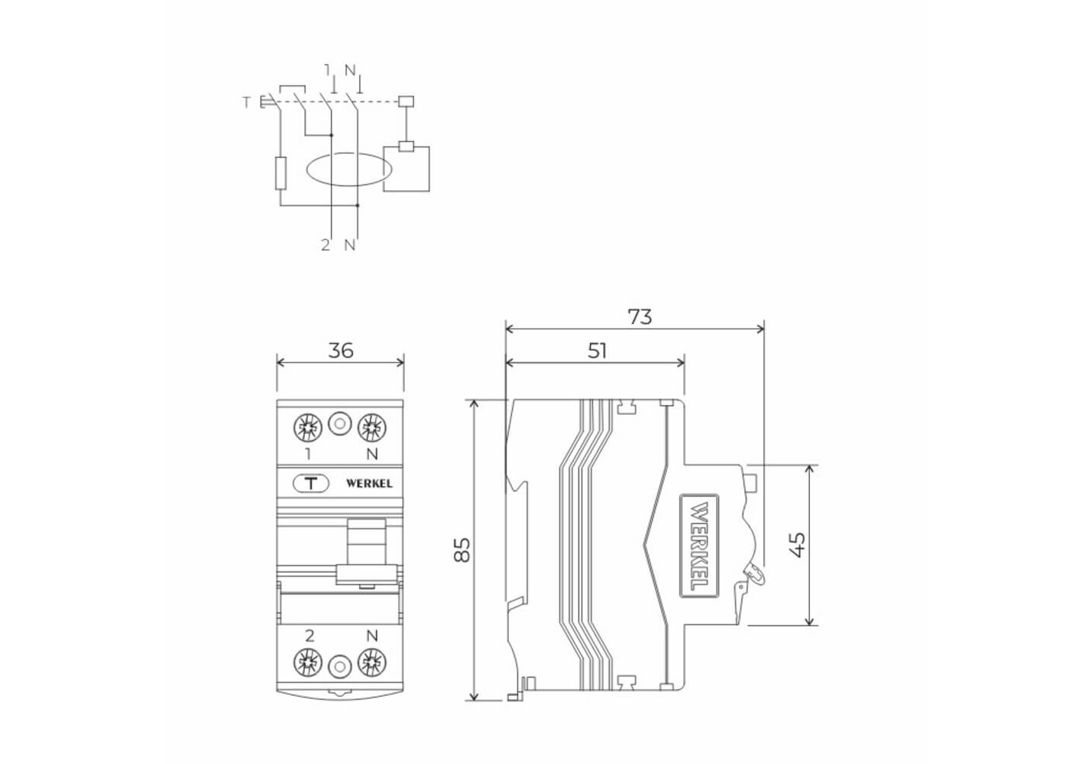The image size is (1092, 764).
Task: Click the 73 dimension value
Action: (x=640, y=317)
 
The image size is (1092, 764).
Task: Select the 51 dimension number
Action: (x=597, y=351)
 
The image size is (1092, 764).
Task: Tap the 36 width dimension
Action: (x=340, y=351)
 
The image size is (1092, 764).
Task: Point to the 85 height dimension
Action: (x=462, y=549)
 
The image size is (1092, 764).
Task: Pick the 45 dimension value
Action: (x=798, y=544)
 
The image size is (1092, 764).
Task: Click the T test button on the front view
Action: (x=311, y=484)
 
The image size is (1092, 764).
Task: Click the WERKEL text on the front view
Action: (x=369, y=484)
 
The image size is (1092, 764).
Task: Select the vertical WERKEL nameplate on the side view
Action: (x=699, y=545)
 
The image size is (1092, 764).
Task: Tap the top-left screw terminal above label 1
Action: (x=308, y=428)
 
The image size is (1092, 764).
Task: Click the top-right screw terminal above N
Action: (x=372, y=428)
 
